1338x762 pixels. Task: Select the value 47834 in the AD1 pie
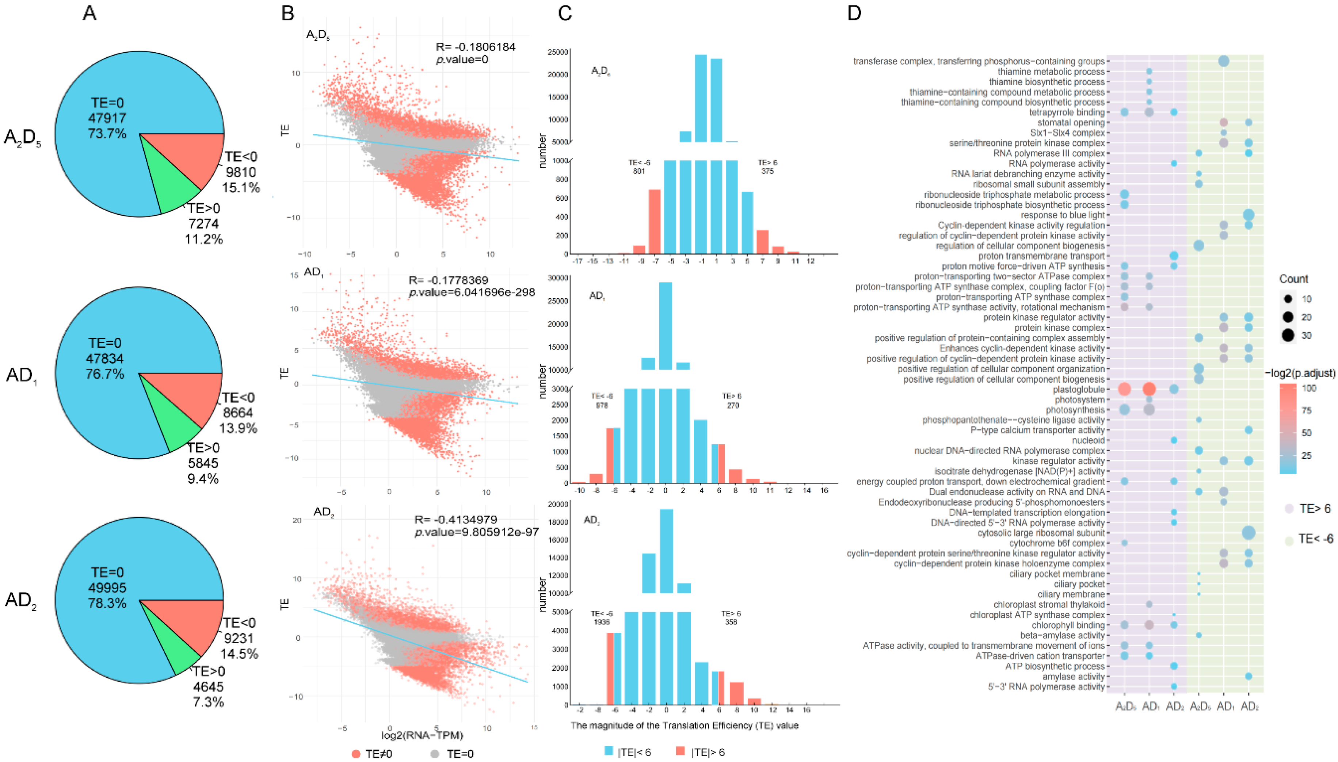tap(106, 359)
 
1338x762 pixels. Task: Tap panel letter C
tap(564, 13)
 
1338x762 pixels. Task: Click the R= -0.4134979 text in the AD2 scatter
tap(455, 520)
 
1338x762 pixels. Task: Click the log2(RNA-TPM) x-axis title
tap(422, 735)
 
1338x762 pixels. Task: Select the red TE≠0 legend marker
tap(357, 754)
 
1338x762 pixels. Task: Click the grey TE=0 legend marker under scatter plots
tap(434, 754)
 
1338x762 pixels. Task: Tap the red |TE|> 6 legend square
tap(681, 751)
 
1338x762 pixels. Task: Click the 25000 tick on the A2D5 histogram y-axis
tap(557, 52)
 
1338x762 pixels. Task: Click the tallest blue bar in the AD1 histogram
tap(665, 325)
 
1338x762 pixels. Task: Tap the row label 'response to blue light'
tap(1062, 215)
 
